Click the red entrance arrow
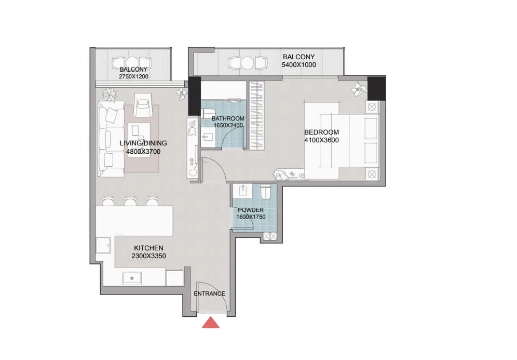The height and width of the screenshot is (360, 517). [211, 323]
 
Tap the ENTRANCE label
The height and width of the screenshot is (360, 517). [209, 294]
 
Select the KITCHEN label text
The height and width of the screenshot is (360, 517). [148, 248]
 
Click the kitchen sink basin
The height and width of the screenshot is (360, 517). [132, 278]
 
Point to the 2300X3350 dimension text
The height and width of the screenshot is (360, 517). [148, 256]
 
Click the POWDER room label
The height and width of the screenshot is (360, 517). [251, 210]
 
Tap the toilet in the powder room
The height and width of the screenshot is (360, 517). [266, 192]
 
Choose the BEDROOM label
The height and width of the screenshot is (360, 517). [321, 132]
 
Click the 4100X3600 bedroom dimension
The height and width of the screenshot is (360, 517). [321, 140]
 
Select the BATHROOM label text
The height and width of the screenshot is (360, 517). [228, 118]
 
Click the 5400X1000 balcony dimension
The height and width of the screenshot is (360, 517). [298, 65]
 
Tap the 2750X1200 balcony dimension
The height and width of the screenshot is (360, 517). [133, 76]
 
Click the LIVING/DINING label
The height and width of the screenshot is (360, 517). [143, 143]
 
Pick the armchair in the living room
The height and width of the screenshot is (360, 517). [143, 104]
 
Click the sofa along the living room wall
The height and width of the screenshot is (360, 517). [111, 139]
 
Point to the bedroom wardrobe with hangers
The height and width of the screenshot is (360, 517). [256, 115]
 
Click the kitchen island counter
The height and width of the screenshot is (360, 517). [134, 221]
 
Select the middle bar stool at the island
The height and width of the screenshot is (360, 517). [130, 201]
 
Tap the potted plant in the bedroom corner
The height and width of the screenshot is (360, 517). [358, 88]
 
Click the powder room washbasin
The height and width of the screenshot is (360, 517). [243, 191]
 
